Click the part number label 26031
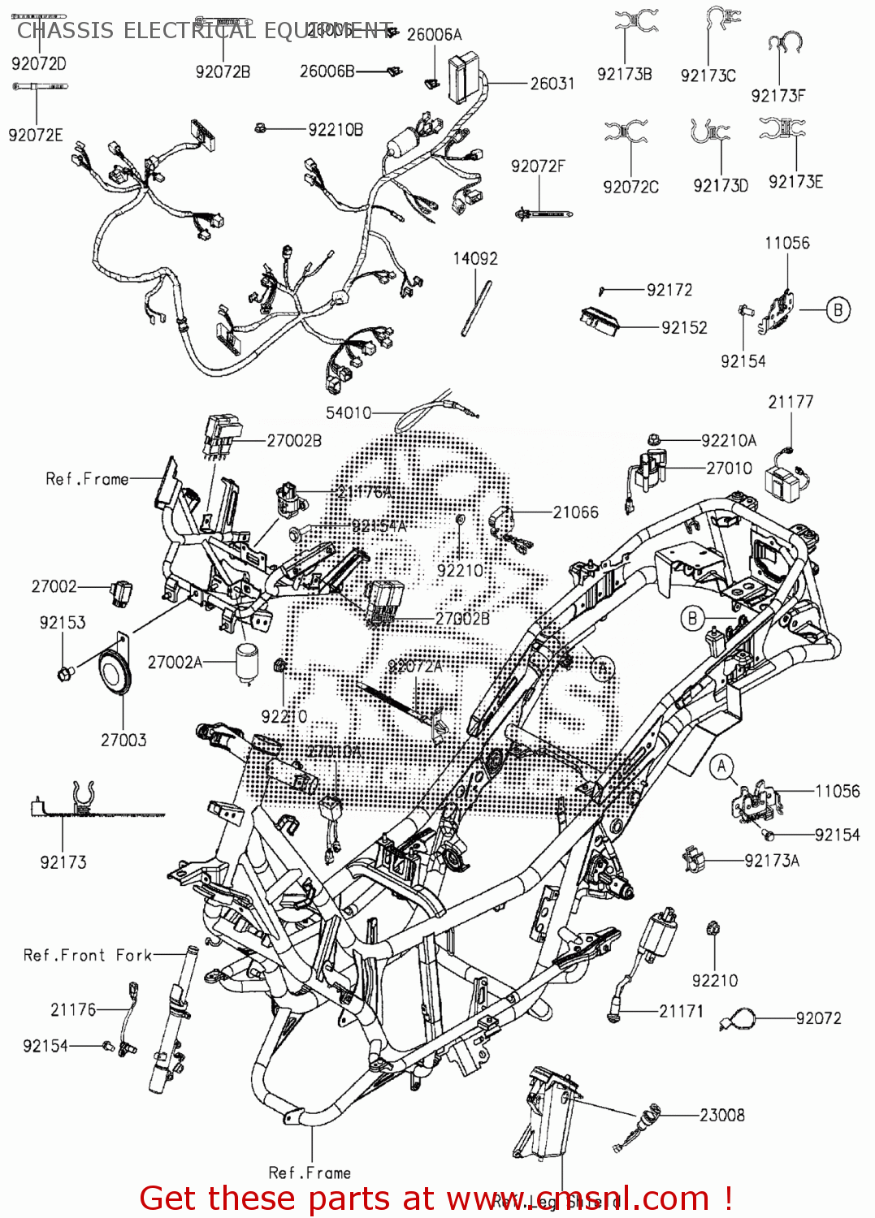tap(552, 84)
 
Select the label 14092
tap(475, 259)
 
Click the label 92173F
tap(778, 96)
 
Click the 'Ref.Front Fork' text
tap(88, 955)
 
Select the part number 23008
tap(721, 1116)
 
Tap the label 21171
tap(681, 1011)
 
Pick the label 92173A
tap(771, 861)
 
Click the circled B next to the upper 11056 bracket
tap(838, 309)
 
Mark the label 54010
tap(349, 412)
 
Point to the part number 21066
tap(575, 512)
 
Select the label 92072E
tap(36, 136)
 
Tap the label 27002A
tap(175, 663)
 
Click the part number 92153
tap(63, 623)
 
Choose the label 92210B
tap(336, 129)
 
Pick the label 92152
tap(684, 327)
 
